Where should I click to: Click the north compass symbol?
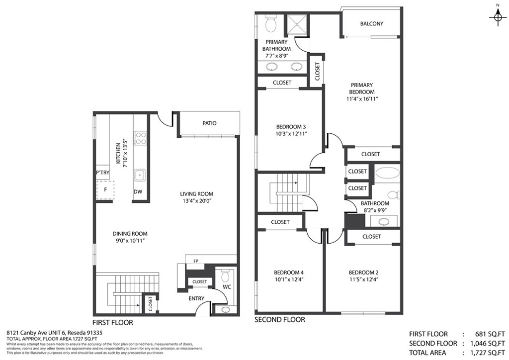pos(498,17)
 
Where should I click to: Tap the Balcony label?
pos(372,24)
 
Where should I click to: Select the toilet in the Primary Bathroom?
pos(270,24)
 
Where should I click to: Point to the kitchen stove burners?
pos(141,138)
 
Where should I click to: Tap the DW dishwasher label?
pos(138,191)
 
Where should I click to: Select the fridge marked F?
pos(105,189)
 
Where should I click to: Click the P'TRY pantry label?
pos(102,173)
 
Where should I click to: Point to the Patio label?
pos(209,123)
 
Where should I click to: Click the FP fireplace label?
pos(196,261)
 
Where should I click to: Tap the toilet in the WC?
pos(225,276)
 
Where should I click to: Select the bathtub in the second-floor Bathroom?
pos(388,173)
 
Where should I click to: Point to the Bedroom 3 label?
pos(291,127)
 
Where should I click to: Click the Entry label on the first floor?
pos(196,299)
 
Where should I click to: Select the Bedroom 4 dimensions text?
pos(289,279)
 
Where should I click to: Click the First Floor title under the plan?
pos(113,323)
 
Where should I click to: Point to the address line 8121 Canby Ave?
pos(55,333)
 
